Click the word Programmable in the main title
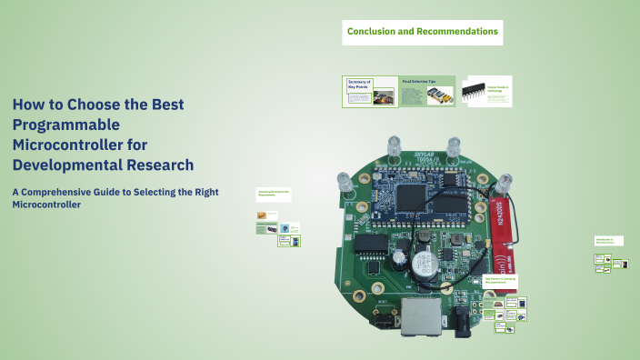coord(66,125)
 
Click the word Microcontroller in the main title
coord(68,145)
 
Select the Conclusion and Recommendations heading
coord(423,32)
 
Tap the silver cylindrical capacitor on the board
coord(422,264)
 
